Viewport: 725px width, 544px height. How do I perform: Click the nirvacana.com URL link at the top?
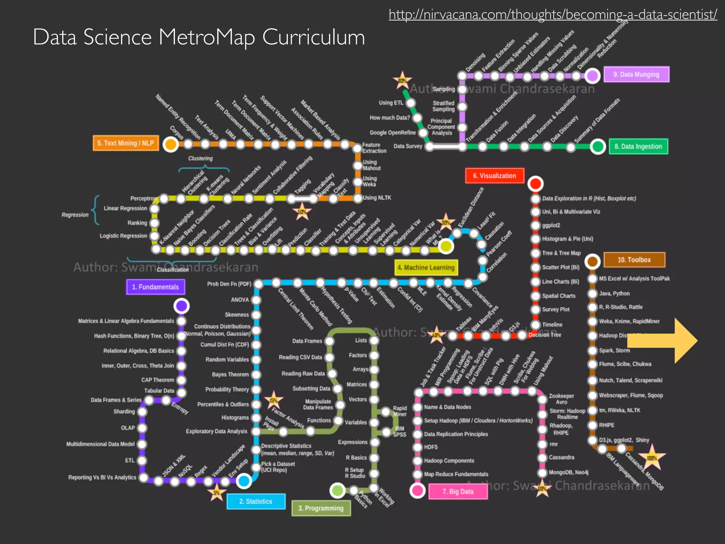(553, 14)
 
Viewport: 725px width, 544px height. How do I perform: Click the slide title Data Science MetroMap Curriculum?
(199, 37)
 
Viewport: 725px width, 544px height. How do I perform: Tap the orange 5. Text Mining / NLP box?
(126, 143)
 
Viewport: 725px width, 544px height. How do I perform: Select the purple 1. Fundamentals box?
(155, 287)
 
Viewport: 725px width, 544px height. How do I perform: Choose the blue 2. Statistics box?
(256, 501)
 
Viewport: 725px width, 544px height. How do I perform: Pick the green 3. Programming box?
(321, 508)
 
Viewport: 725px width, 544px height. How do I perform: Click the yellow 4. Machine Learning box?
(426, 267)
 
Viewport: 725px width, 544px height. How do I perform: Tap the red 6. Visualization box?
(495, 176)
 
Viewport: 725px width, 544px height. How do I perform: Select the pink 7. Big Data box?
(458, 492)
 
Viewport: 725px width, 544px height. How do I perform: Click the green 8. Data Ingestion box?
(638, 146)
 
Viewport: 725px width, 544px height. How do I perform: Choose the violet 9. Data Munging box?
(636, 74)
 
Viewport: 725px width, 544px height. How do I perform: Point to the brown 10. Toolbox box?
(634, 260)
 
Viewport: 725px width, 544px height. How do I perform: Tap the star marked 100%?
(652, 458)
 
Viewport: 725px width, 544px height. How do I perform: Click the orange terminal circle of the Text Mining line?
(171, 144)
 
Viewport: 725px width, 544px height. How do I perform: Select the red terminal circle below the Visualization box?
(535, 183)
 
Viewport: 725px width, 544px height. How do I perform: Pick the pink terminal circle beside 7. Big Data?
(417, 491)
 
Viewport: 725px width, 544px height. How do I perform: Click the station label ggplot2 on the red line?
(551, 225)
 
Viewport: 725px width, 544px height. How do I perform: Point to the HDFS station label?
(431, 447)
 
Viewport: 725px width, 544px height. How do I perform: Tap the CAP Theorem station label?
(158, 380)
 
